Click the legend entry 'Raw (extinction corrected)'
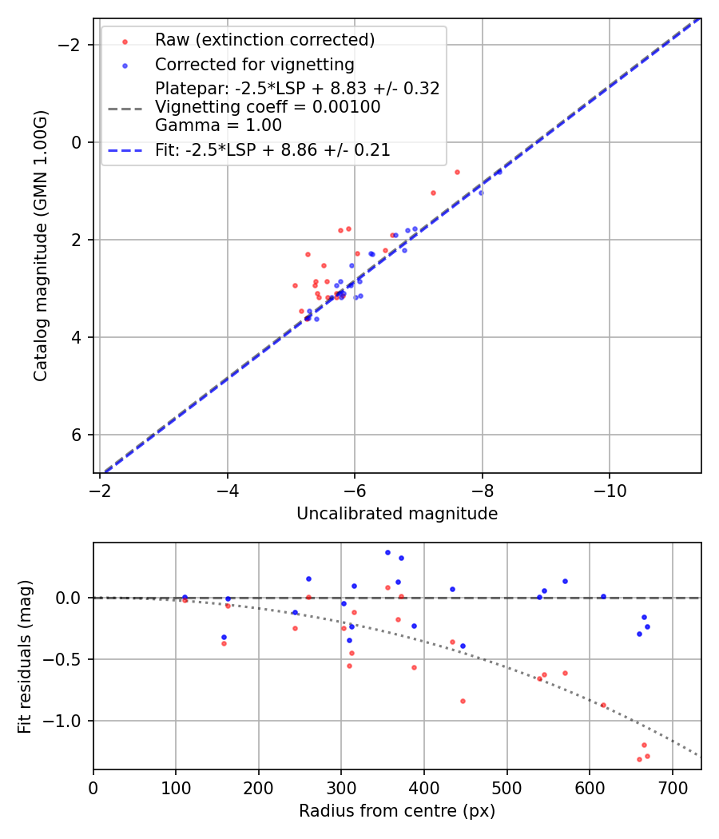[264, 40]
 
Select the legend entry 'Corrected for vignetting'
[254, 64]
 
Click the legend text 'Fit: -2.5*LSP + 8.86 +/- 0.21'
[272, 149]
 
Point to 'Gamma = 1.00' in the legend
[218, 125]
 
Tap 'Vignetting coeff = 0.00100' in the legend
[268, 107]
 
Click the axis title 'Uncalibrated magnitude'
[397, 514]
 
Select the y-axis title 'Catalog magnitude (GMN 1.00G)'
[41, 245]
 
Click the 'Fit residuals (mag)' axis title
[25, 656]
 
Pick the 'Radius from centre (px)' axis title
[397, 811]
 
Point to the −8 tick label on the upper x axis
[482, 487]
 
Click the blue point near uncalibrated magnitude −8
[481, 193]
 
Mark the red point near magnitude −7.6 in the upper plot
[457, 172]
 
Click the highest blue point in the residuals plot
[387, 552]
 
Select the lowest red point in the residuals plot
[639, 759]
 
